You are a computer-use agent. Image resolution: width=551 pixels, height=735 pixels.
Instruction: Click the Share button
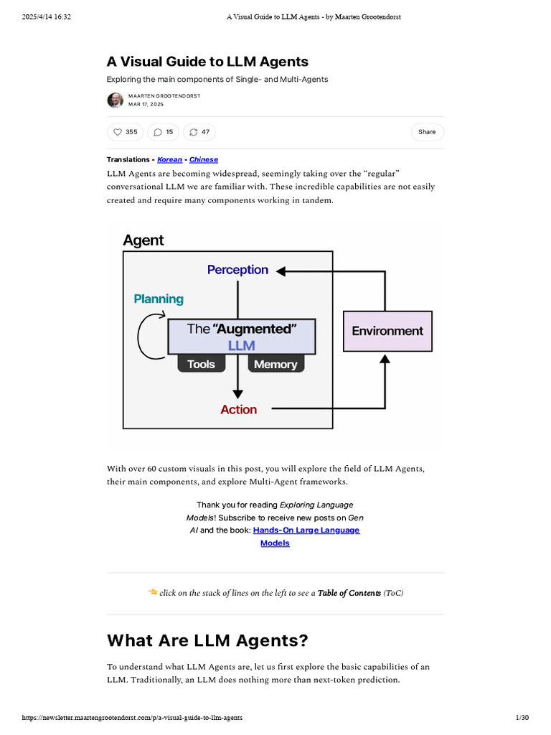click(427, 132)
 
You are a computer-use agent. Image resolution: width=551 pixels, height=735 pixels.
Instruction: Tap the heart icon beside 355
click(118, 132)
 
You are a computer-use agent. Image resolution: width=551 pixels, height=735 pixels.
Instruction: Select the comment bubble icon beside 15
click(157, 132)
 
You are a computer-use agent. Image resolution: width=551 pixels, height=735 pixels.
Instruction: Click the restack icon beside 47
click(193, 132)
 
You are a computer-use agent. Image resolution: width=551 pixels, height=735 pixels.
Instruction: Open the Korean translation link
click(169, 159)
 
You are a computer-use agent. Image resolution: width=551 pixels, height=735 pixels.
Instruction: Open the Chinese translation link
click(204, 159)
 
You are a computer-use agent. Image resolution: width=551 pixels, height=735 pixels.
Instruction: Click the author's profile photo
click(115, 100)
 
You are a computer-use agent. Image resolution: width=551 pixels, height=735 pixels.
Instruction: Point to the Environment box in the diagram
click(387, 331)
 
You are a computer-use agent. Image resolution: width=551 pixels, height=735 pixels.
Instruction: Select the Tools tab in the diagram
click(201, 364)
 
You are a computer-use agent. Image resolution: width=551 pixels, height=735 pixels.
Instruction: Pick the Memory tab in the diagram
click(275, 364)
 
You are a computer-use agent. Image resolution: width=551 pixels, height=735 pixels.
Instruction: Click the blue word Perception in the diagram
click(237, 270)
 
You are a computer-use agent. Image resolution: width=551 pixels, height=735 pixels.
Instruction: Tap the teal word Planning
click(159, 299)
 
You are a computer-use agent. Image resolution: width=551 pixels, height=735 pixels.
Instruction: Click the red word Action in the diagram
click(238, 409)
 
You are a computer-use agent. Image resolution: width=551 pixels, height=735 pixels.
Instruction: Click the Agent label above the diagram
click(143, 240)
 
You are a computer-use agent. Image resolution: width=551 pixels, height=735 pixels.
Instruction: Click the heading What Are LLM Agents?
click(208, 640)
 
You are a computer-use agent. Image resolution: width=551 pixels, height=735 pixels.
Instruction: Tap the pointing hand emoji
click(152, 592)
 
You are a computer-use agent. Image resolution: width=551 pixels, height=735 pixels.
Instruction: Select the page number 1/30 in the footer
click(522, 718)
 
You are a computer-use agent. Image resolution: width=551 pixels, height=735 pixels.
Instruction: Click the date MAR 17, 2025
click(146, 105)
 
